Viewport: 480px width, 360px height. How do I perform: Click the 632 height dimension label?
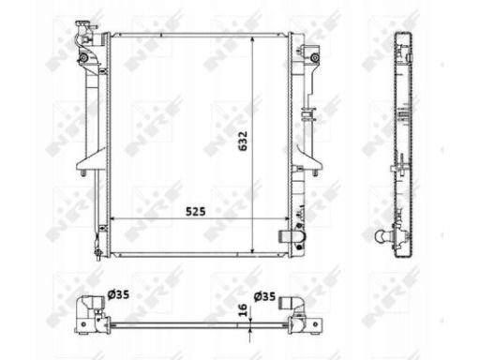coord(243,141)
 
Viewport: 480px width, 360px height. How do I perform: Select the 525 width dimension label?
coord(196,212)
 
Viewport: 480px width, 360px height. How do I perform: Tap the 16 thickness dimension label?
coord(243,309)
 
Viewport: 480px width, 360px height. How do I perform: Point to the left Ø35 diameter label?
coord(118,294)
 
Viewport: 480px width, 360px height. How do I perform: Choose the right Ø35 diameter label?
coord(264,296)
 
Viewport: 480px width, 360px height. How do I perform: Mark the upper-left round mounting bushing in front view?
coord(83,58)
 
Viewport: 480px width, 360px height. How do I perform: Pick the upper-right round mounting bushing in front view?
coord(315,58)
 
